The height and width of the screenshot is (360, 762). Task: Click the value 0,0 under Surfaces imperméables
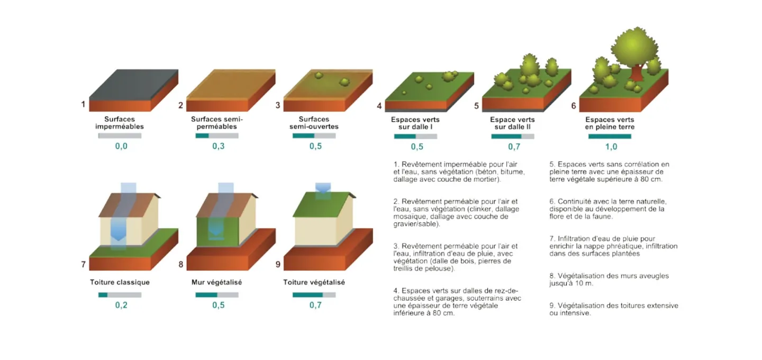(x=121, y=146)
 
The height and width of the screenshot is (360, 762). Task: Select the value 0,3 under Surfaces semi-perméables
(x=218, y=146)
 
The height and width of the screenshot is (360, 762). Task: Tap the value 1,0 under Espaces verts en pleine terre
(x=610, y=147)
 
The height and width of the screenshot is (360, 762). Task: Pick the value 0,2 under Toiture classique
(x=121, y=305)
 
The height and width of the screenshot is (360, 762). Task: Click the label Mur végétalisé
(x=216, y=282)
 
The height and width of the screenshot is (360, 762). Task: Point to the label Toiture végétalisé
(x=314, y=282)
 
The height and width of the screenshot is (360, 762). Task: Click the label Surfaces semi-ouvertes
(x=314, y=123)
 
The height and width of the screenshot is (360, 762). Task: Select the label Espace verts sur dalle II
(x=513, y=123)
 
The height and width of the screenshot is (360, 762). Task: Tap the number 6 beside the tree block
(x=573, y=105)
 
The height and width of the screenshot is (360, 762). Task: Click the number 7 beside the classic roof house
(x=84, y=264)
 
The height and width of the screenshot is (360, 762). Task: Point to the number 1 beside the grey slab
(x=83, y=104)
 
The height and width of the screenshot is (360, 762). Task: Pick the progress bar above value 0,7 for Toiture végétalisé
(x=314, y=294)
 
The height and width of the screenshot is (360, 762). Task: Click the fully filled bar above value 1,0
(x=610, y=136)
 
